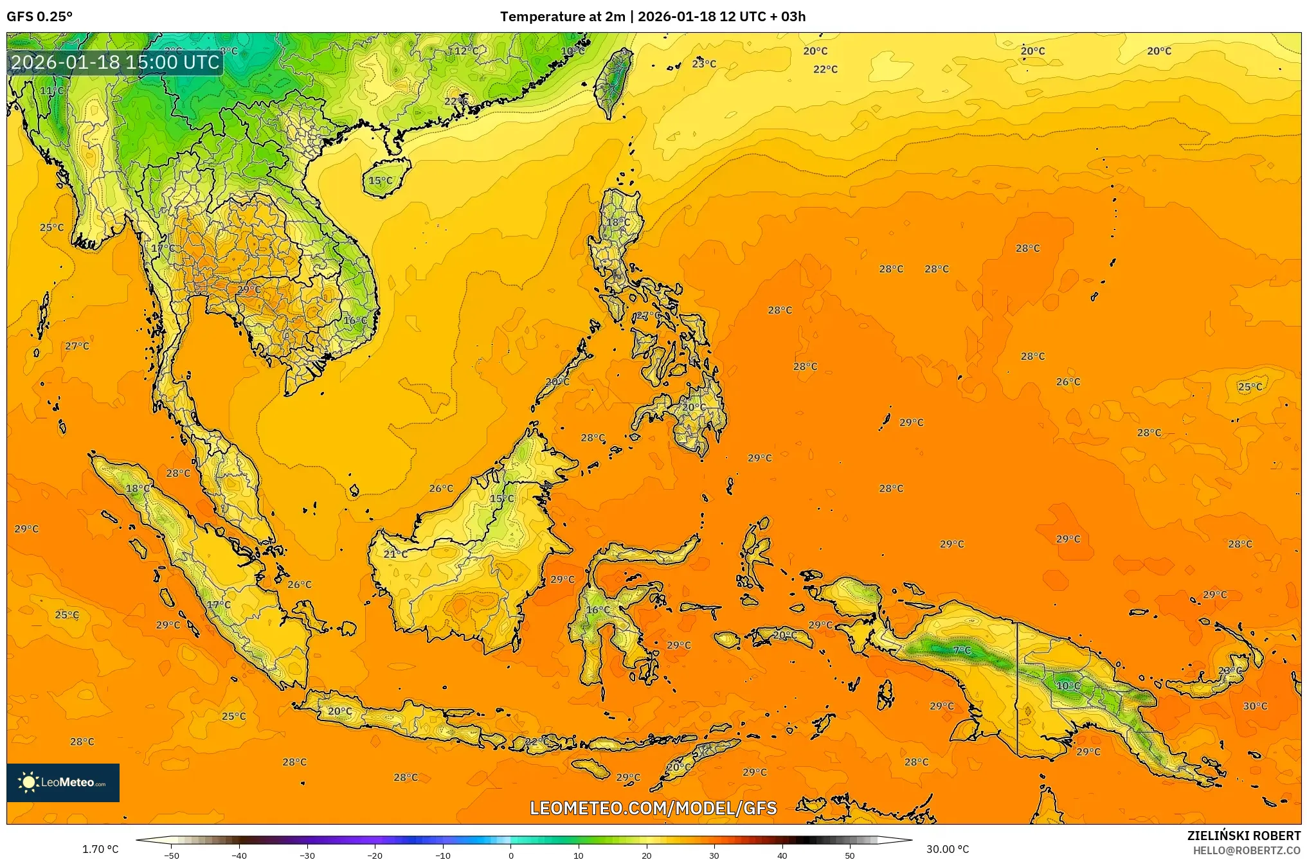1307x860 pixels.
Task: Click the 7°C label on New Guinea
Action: pyautogui.click(x=962, y=650)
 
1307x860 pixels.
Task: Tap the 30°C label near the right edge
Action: pyautogui.click(x=1255, y=706)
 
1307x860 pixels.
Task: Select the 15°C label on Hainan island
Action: pyautogui.click(x=380, y=181)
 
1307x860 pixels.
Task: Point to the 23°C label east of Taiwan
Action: pyautogui.click(x=704, y=64)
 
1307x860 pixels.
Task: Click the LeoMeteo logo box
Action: pyautogui.click(x=63, y=782)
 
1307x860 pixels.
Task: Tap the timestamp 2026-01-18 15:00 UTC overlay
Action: pyautogui.click(x=115, y=62)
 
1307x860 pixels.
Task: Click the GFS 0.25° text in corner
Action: pyautogui.click(x=39, y=17)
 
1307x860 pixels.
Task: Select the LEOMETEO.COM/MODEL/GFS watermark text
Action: pyautogui.click(x=653, y=808)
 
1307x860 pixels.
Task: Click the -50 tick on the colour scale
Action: pyautogui.click(x=172, y=855)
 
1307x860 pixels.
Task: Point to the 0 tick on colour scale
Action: pyautogui.click(x=511, y=855)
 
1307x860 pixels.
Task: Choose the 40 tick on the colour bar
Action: pyautogui.click(x=782, y=855)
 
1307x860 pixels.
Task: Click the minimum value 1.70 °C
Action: pyautogui.click(x=100, y=849)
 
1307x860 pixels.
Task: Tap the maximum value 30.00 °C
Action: pyautogui.click(x=947, y=849)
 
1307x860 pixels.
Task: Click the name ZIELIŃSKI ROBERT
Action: pyautogui.click(x=1243, y=836)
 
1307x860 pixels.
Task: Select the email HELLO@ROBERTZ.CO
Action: pyautogui.click(x=1247, y=850)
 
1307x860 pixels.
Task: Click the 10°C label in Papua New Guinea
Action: pyautogui.click(x=1068, y=686)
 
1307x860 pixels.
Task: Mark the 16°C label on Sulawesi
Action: pyautogui.click(x=598, y=609)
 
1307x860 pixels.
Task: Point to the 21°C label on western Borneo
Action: pyautogui.click(x=395, y=554)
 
